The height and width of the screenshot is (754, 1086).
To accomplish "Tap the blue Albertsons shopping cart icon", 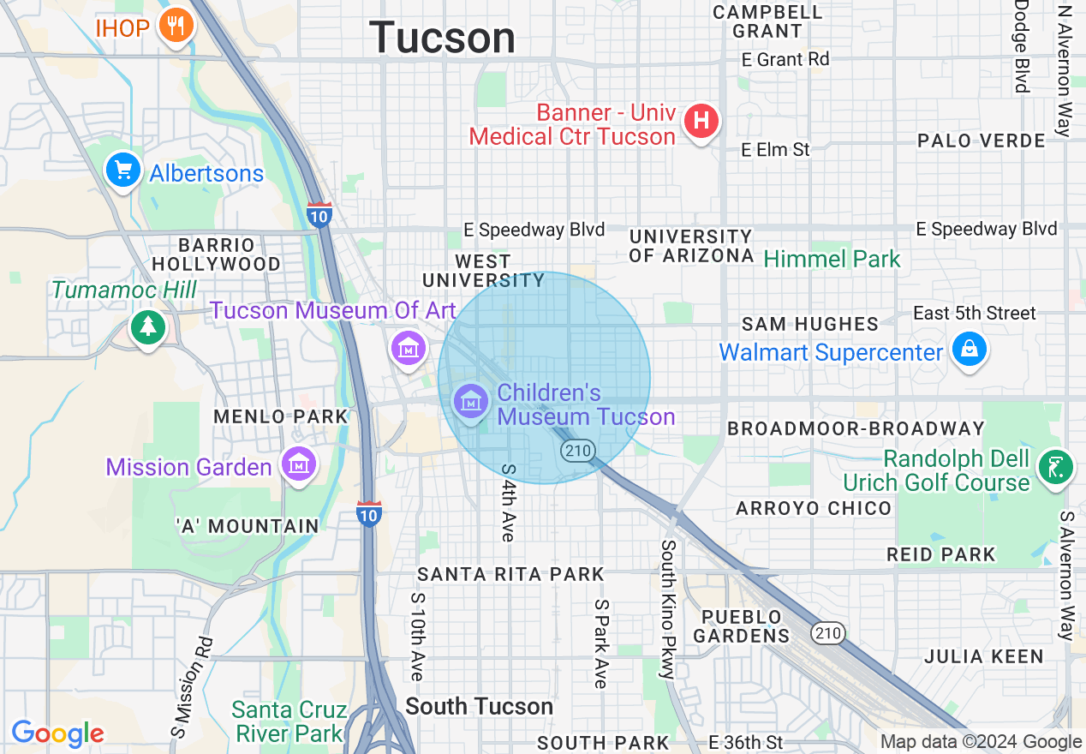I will click(x=123, y=171).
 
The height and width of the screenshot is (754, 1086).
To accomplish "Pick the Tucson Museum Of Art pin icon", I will click(x=409, y=348).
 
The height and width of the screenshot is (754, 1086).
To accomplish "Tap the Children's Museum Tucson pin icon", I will click(x=470, y=401).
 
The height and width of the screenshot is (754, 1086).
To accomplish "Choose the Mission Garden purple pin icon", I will click(x=299, y=465).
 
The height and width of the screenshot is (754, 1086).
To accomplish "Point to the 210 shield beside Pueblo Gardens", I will click(x=828, y=634).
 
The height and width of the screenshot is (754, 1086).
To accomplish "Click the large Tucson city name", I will click(x=443, y=38).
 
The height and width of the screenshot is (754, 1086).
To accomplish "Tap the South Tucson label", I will click(x=479, y=706).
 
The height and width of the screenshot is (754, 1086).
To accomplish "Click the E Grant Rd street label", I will click(x=785, y=60).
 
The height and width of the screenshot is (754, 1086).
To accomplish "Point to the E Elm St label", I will click(x=775, y=150).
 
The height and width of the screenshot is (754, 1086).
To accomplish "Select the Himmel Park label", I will click(x=832, y=259).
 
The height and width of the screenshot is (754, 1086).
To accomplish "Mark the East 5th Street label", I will click(x=975, y=313).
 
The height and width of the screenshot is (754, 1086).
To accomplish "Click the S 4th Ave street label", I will click(x=509, y=502).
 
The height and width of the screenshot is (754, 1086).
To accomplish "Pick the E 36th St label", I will click(x=745, y=742).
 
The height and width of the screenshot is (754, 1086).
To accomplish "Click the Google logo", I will click(x=57, y=733).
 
